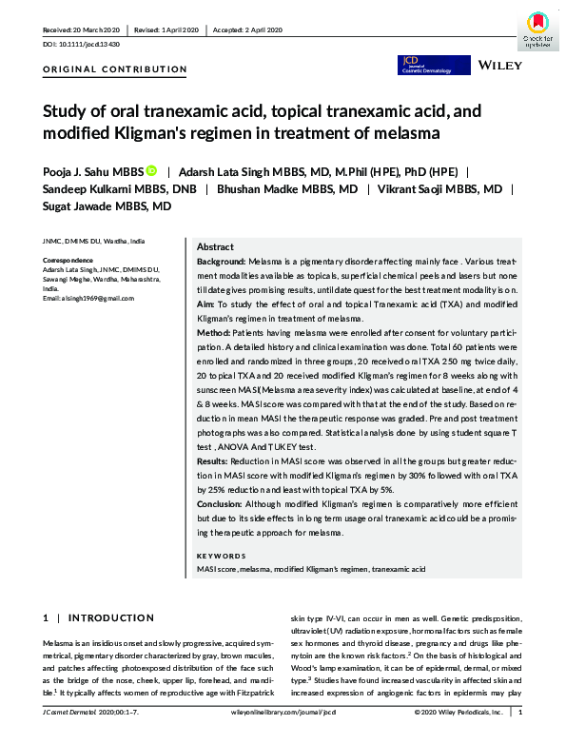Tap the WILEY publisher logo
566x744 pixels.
[x=499, y=66]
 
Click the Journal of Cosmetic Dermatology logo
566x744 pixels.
[x=422, y=65]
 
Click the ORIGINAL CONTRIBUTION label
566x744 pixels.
[x=115, y=69]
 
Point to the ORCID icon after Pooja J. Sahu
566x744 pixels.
[x=150, y=171]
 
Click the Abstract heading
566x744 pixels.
[x=215, y=245]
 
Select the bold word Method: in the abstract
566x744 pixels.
[x=214, y=335]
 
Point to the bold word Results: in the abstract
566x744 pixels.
[x=215, y=460]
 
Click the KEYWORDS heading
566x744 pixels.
[x=222, y=556]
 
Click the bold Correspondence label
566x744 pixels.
[x=68, y=261]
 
